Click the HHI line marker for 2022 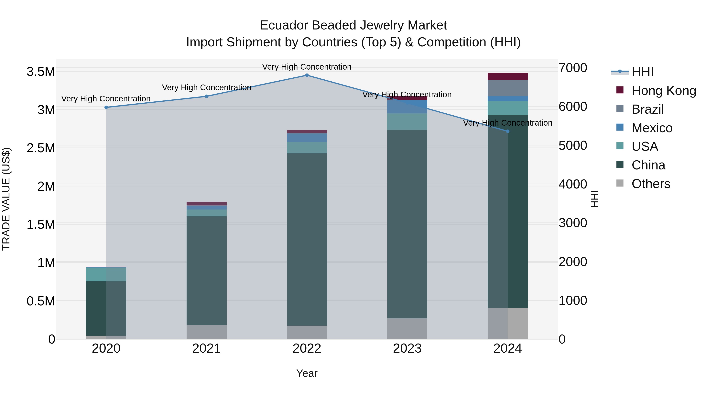coord(307,75)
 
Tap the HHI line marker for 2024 coord(507,131)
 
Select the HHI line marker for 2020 coord(106,107)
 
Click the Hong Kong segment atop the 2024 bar coord(507,76)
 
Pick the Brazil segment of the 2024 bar coord(507,88)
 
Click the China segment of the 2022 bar coord(307,239)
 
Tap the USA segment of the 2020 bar coord(106,274)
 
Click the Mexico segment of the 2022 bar coord(307,137)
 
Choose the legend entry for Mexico coord(652,128)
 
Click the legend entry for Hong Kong coord(663,91)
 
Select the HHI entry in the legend coord(642,72)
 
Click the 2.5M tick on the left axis coord(41,148)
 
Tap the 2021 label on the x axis coord(206,348)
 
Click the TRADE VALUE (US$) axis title coord(6,199)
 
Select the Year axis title coord(307,373)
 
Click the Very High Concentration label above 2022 coord(307,67)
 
